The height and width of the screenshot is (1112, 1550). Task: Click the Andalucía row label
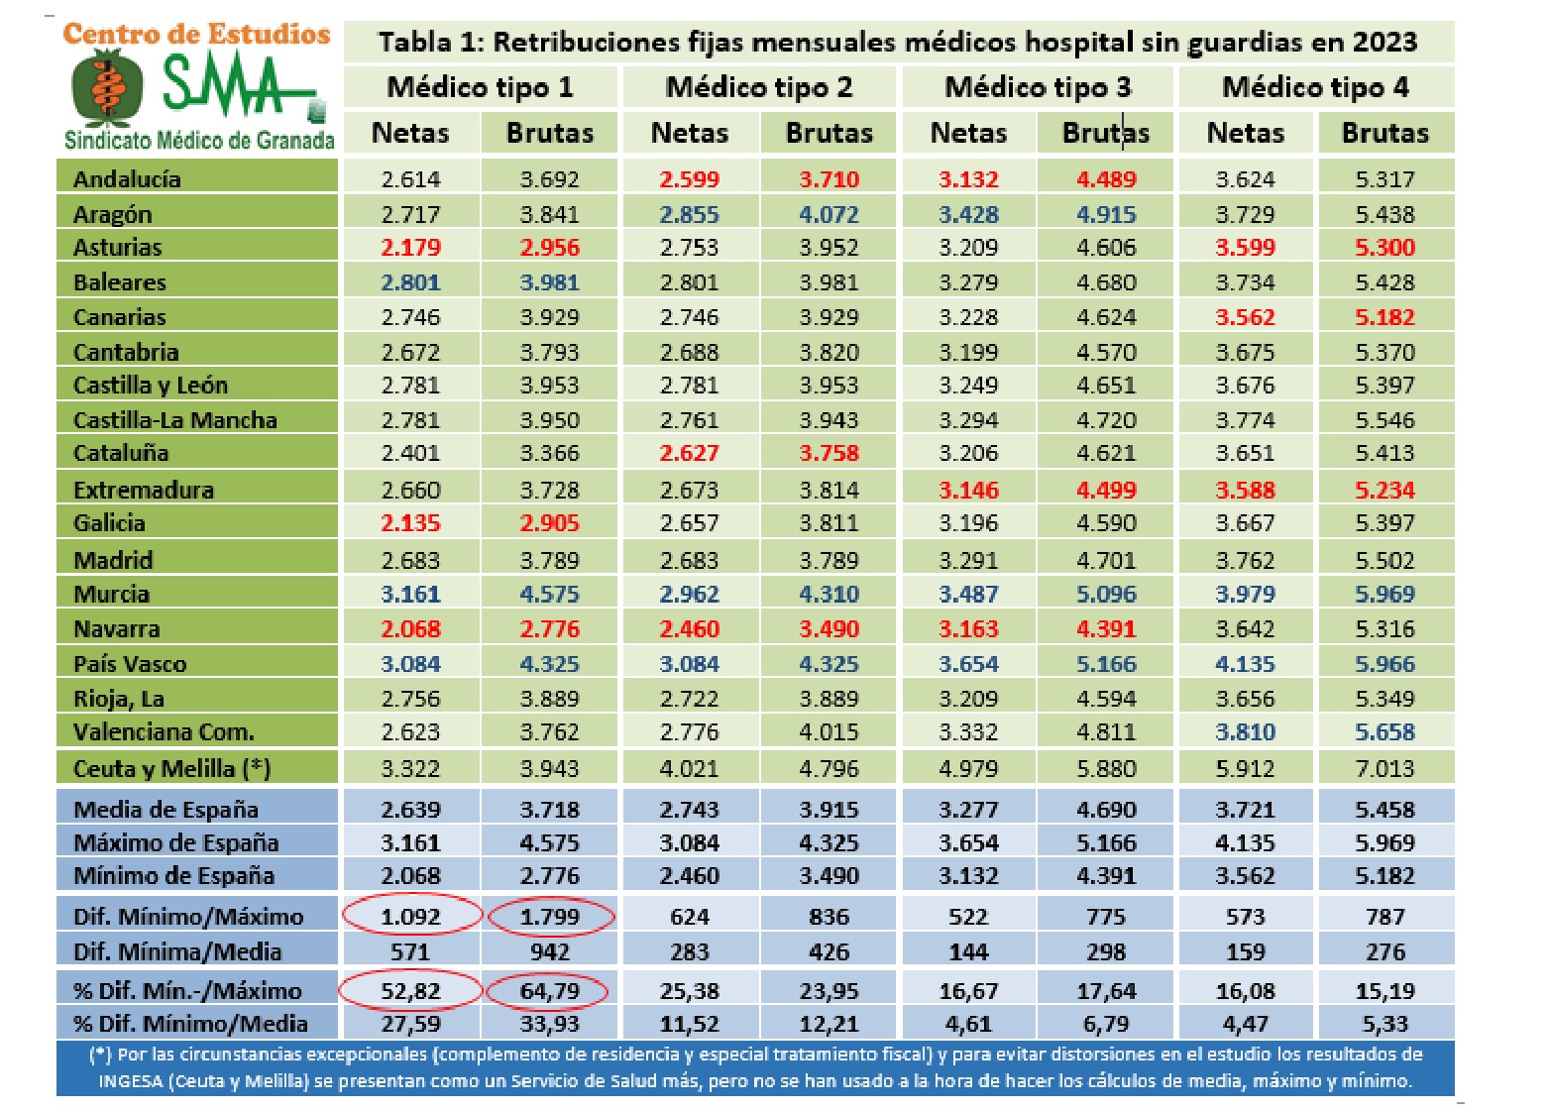(127, 179)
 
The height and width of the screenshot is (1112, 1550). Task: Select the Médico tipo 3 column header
(1038, 87)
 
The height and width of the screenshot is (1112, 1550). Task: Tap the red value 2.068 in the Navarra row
(410, 629)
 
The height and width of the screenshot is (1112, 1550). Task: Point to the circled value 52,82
(410, 991)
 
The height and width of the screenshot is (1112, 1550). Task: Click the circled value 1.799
(550, 917)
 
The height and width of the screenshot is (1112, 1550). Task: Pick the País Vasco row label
(130, 664)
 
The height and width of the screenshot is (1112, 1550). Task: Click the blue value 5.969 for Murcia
(1384, 595)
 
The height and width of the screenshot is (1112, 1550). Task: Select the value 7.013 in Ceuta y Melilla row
(1384, 769)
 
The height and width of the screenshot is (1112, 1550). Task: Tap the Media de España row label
(166, 810)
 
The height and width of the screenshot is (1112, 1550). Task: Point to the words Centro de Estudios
(196, 34)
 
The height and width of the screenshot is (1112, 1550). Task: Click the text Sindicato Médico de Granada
(199, 140)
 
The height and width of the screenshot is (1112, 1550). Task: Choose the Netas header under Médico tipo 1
(410, 133)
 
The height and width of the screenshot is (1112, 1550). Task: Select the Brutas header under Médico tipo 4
(1384, 133)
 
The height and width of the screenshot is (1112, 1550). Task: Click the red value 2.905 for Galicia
(550, 523)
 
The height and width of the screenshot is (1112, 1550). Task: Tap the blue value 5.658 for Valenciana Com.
(1384, 732)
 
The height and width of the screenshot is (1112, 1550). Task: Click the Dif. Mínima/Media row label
(177, 952)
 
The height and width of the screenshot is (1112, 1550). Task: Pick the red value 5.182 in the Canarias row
(1384, 317)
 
